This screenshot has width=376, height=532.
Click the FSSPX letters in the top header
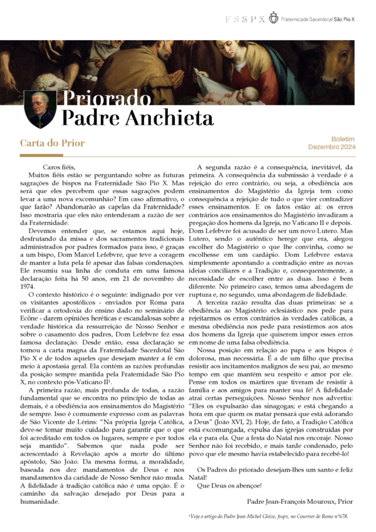(245, 19)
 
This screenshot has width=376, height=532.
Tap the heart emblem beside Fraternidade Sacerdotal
(273, 19)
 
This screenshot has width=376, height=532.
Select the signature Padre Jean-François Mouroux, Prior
(300, 501)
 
